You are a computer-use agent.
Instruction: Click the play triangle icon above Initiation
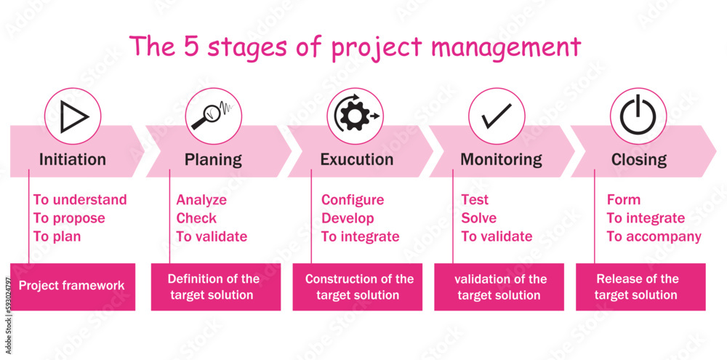click(73, 116)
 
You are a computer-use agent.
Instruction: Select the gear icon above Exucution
click(355, 116)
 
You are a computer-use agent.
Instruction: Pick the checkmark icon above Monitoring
click(496, 116)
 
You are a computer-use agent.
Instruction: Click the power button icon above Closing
click(638, 116)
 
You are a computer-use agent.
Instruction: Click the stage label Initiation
click(73, 159)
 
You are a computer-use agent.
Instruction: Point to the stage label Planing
click(213, 159)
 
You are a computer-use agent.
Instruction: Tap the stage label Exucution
click(357, 159)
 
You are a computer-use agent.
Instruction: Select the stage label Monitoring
click(501, 159)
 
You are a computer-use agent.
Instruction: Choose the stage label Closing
click(639, 159)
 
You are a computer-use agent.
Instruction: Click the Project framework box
click(72, 286)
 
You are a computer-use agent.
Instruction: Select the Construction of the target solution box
click(359, 287)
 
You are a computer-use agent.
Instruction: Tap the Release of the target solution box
click(638, 287)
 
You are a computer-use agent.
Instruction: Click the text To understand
click(80, 200)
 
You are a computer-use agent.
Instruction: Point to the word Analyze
click(201, 200)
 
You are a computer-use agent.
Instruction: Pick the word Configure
click(353, 200)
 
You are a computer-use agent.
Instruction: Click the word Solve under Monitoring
click(479, 218)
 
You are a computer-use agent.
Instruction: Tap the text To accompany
click(654, 236)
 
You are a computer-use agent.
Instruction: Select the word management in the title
click(506, 48)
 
